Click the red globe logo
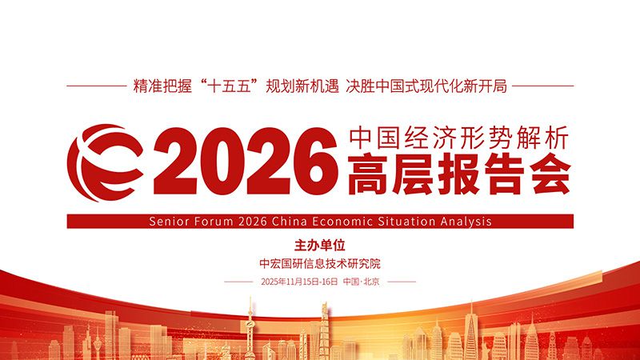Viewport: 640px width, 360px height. [x=106, y=163]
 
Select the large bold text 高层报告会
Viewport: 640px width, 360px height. [x=458, y=174]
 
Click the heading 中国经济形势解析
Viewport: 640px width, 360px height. [x=458, y=138]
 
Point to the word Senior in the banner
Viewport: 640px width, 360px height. [x=169, y=222]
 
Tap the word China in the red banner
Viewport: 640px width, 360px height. [x=290, y=222]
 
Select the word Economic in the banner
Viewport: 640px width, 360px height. [x=342, y=222]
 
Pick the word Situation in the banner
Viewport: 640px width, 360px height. [x=406, y=222]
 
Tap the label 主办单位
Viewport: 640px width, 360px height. [x=320, y=246]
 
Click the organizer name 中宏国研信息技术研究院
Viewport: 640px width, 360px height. [x=320, y=264]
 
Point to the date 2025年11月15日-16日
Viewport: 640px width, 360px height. [x=299, y=282]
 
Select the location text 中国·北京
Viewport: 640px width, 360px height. [x=362, y=282]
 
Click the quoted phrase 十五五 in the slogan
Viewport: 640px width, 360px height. [x=228, y=86]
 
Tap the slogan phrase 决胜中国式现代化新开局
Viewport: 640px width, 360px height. [x=426, y=86]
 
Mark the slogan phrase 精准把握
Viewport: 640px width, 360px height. [x=162, y=86]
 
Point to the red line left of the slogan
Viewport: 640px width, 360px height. [x=97, y=86]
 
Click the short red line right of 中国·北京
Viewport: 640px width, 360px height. [x=402, y=282]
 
